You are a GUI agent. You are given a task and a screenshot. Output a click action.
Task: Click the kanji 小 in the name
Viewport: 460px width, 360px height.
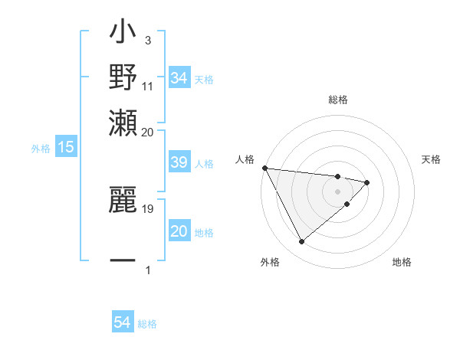tap(123, 34)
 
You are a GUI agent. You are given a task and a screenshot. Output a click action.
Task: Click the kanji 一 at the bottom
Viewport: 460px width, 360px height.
tap(123, 261)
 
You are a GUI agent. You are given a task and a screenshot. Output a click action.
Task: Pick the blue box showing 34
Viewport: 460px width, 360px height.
tap(179, 78)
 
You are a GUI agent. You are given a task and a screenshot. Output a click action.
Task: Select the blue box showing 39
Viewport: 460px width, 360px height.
tap(179, 163)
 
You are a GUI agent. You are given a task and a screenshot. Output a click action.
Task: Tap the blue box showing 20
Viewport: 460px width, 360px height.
tap(179, 232)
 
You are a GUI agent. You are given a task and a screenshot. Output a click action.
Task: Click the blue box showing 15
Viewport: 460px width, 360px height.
tap(66, 147)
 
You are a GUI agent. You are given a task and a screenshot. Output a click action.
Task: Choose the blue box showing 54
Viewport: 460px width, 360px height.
tap(123, 323)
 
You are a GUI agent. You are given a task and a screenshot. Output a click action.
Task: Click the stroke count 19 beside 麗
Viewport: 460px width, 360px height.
tap(148, 207)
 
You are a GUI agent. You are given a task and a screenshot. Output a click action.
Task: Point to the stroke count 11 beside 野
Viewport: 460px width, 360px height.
tap(148, 85)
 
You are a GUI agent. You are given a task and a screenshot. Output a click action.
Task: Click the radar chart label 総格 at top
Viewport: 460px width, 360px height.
tap(338, 100)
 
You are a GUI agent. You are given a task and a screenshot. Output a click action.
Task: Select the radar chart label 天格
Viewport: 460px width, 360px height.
tap(431, 159)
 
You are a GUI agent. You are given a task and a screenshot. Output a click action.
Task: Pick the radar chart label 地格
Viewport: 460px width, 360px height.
tap(402, 262)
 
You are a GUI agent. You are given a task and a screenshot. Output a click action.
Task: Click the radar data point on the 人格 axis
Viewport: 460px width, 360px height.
tap(264, 168)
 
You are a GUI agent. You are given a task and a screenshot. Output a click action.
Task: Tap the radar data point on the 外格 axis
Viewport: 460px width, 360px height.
tap(301, 242)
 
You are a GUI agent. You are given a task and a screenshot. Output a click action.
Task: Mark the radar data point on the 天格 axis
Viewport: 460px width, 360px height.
tap(367, 182)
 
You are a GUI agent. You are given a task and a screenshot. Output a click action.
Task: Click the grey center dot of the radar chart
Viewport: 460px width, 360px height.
tap(337, 191)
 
